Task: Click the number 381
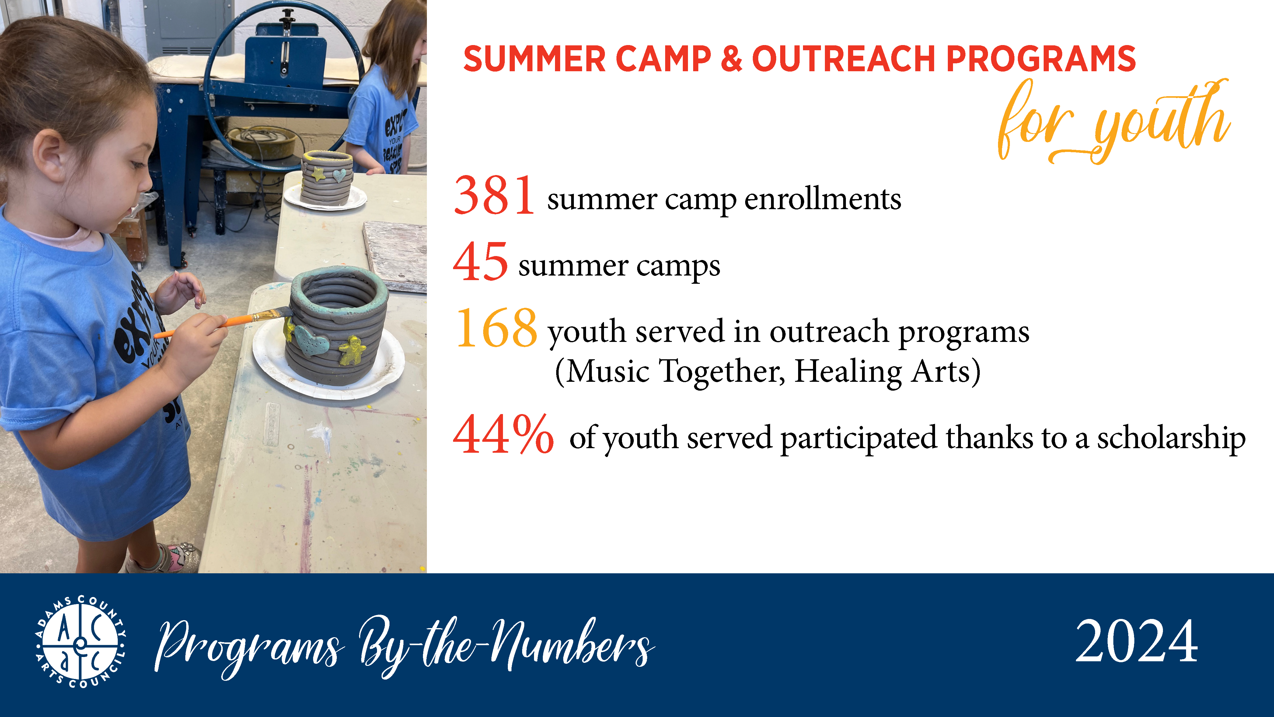(x=494, y=196)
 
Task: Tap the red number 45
(x=480, y=262)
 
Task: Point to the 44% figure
(x=503, y=434)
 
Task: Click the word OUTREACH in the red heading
(x=843, y=59)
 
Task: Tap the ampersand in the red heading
(x=731, y=59)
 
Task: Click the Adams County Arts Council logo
(x=81, y=642)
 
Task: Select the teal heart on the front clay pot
(x=311, y=340)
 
